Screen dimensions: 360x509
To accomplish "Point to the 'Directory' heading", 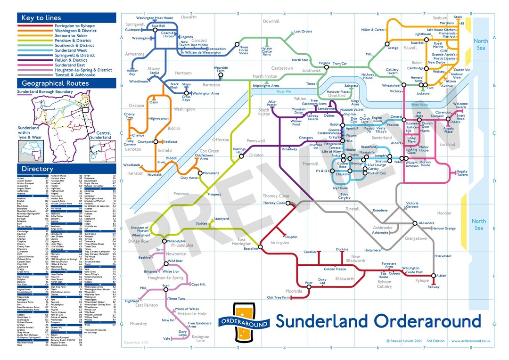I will point(35,169).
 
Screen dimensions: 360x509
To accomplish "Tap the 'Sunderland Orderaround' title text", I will point(371,321).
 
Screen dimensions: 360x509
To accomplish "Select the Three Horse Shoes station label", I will point(244,49).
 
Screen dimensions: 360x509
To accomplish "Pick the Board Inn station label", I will point(251,249).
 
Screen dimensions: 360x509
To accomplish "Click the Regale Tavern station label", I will point(462,173).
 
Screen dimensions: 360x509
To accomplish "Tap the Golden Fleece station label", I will point(335,269).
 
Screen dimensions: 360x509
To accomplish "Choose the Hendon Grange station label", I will point(444,228).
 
